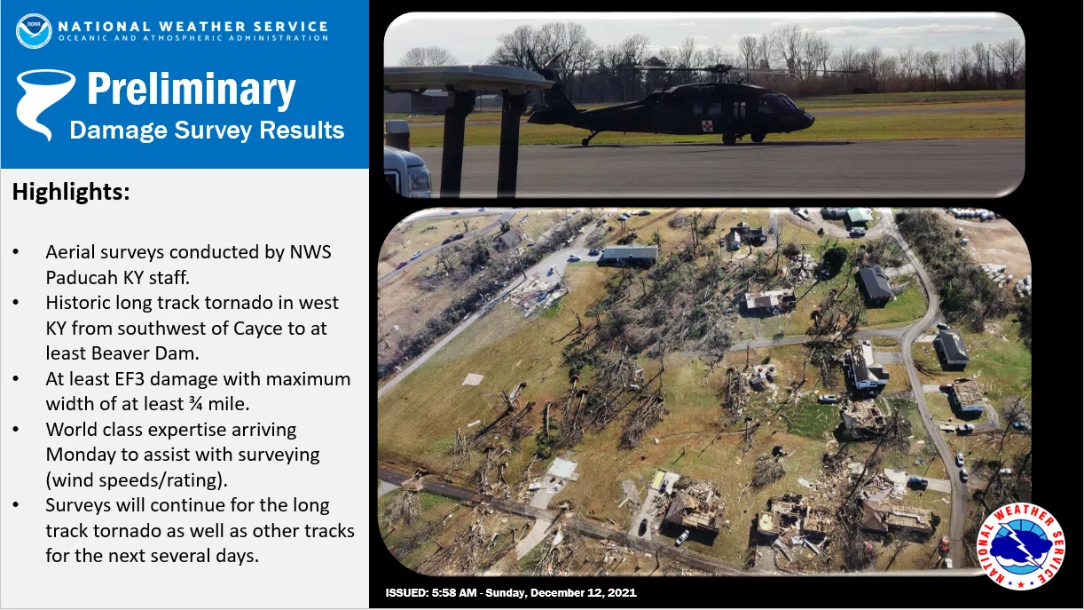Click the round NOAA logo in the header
click(34, 31)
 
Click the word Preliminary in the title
click(192, 90)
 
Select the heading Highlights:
click(71, 192)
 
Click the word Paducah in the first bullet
click(81, 278)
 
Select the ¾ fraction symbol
click(196, 404)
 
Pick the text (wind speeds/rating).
click(137, 480)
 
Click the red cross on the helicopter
click(706, 126)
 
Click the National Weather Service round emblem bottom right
click(1020, 546)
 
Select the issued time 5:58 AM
click(452, 592)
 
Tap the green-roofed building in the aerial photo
click(859, 217)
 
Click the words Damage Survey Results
click(207, 130)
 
